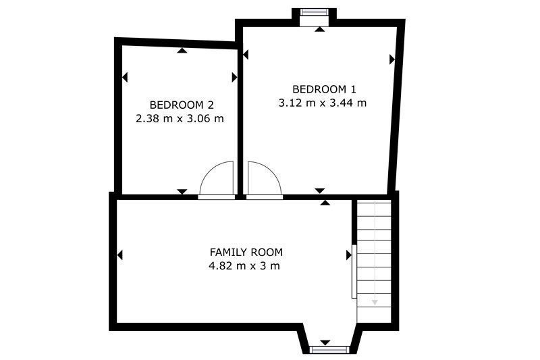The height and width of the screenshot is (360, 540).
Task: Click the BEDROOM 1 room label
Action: pos(324,89)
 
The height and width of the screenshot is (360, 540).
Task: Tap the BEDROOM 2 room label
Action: pos(182,105)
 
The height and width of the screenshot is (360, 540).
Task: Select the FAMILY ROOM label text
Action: pos(246,252)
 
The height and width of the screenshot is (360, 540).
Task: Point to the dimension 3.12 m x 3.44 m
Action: pos(323,103)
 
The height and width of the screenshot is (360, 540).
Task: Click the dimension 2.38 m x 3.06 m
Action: pos(180,118)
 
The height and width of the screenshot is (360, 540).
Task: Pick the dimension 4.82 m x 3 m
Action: pos(244,266)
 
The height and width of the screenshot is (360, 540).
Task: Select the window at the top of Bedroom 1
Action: pos(313,12)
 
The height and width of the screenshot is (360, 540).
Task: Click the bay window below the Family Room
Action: pos(329,350)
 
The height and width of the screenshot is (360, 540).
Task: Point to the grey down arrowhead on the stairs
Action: pos(375,303)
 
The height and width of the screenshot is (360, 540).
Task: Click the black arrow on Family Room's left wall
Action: pos(120,255)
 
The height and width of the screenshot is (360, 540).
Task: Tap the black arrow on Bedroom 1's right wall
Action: pos(392,59)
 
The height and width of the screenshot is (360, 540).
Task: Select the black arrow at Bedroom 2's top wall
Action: pos(182,51)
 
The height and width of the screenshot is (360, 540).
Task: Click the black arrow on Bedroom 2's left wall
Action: pos(125,77)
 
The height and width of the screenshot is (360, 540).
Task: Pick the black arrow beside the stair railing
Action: pos(349,255)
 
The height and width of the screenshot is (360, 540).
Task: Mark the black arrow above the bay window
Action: pos(325,342)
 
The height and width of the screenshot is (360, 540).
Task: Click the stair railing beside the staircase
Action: pos(354,271)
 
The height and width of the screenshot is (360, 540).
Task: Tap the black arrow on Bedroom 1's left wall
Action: pos(246,55)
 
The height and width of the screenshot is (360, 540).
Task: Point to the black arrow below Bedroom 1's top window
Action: pos(319,29)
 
